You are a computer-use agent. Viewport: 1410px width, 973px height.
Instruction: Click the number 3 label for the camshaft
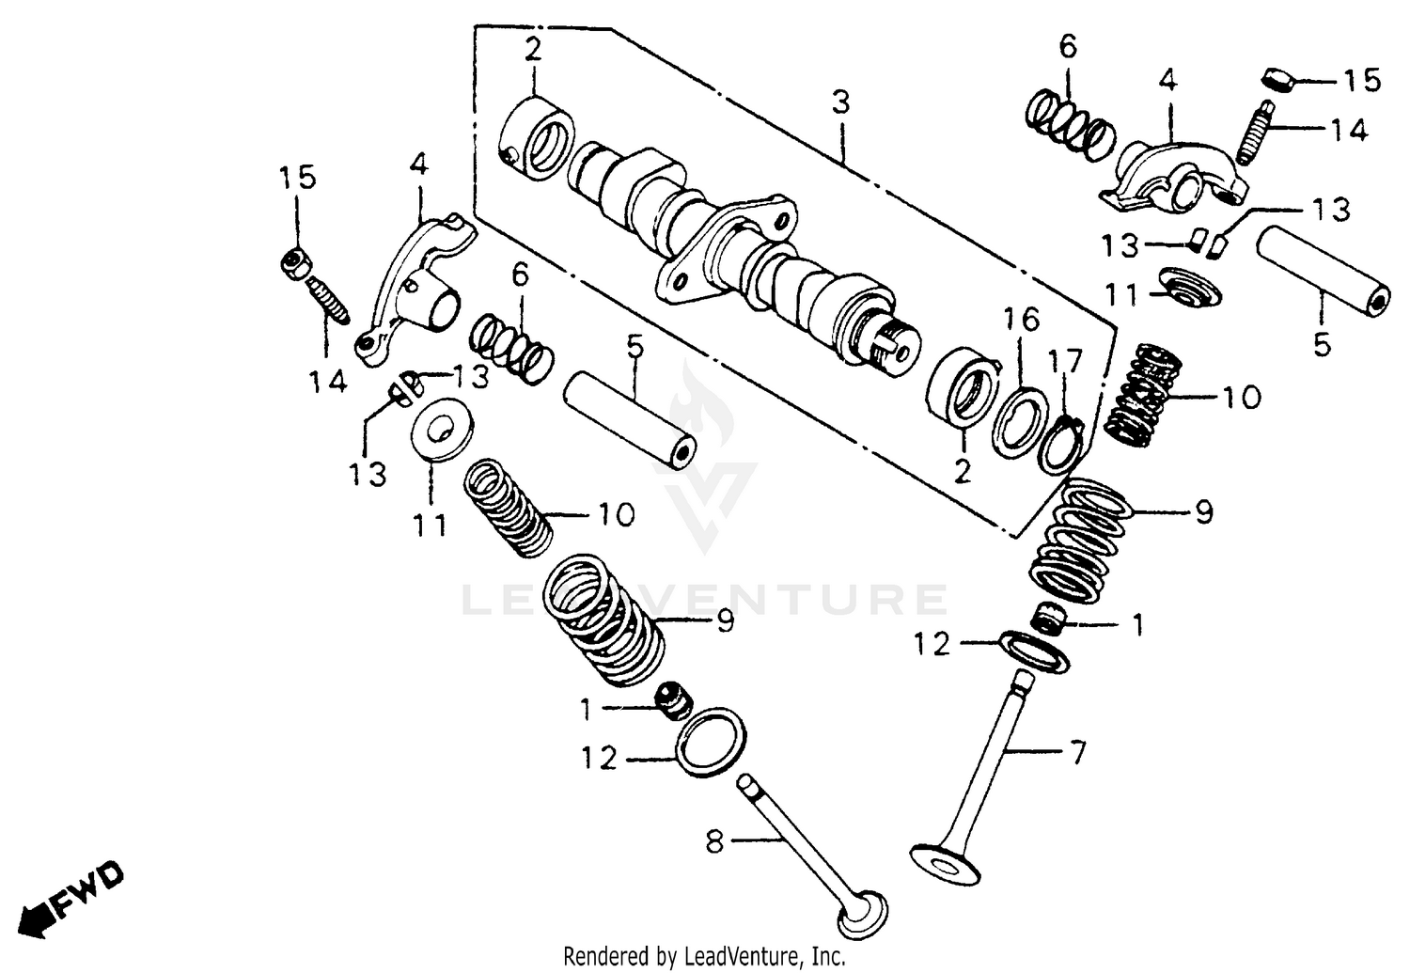(839, 102)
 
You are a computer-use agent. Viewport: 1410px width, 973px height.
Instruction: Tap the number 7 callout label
(1077, 753)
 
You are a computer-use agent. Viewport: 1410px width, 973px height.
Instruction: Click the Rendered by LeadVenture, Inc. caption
(704, 956)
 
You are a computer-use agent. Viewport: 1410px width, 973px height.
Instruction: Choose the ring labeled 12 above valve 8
(713, 741)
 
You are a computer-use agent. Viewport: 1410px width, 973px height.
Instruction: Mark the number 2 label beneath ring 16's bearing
(962, 470)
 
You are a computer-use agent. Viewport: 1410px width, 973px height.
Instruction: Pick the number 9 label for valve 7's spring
(1203, 513)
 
